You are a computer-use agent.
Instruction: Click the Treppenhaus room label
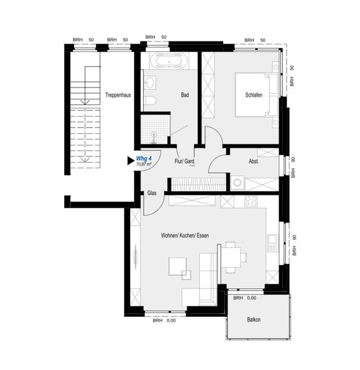point(118,95)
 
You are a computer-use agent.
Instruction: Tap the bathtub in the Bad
point(169,62)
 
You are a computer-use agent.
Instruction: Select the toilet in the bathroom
point(150,101)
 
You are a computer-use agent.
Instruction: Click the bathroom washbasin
point(150,83)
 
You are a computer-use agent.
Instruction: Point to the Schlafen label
point(254,95)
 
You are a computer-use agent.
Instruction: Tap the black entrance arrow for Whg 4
point(131,161)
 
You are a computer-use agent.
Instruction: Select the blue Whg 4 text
point(144,158)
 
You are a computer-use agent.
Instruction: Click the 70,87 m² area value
point(144,164)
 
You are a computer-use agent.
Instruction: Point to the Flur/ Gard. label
point(185,162)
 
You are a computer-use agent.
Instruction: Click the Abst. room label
point(254,162)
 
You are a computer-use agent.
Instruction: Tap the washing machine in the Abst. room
point(237,183)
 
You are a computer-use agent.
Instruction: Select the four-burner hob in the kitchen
point(251,201)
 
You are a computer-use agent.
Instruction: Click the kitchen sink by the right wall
point(272,243)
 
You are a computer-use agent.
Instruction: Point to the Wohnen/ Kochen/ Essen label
point(185,236)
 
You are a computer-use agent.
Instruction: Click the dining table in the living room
point(231,257)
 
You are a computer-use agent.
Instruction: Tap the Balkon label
point(254,319)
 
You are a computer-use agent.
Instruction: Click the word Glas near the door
point(152,193)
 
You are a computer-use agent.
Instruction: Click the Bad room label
point(185,95)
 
